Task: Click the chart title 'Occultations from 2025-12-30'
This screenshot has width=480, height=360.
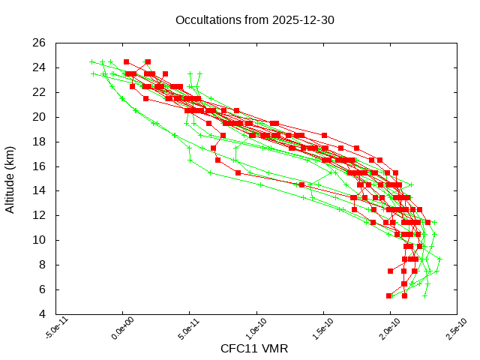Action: [x=254, y=20]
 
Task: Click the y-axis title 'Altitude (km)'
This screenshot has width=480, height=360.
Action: [x=10, y=178]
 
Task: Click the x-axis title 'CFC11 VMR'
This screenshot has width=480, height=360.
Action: [x=254, y=349]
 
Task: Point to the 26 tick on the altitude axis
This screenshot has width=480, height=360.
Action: [x=40, y=43]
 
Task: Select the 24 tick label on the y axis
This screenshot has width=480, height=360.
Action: [x=40, y=67]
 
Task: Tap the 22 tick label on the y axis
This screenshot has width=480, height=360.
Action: [x=40, y=92]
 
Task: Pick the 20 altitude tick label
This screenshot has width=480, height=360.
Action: [x=40, y=117]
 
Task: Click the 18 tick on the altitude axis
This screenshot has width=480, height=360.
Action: [x=40, y=142]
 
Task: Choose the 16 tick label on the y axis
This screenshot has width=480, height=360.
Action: [x=40, y=166]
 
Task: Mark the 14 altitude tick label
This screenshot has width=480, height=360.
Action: [x=40, y=190]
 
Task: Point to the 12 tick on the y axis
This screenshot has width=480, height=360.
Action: [x=40, y=215]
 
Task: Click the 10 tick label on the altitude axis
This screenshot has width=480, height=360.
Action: [x=40, y=240]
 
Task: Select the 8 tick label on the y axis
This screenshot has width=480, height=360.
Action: [x=43, y=265]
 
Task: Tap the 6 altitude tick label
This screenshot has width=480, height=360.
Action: [x=43, y=289]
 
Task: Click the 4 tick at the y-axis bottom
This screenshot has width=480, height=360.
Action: [x=43, y=314]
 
